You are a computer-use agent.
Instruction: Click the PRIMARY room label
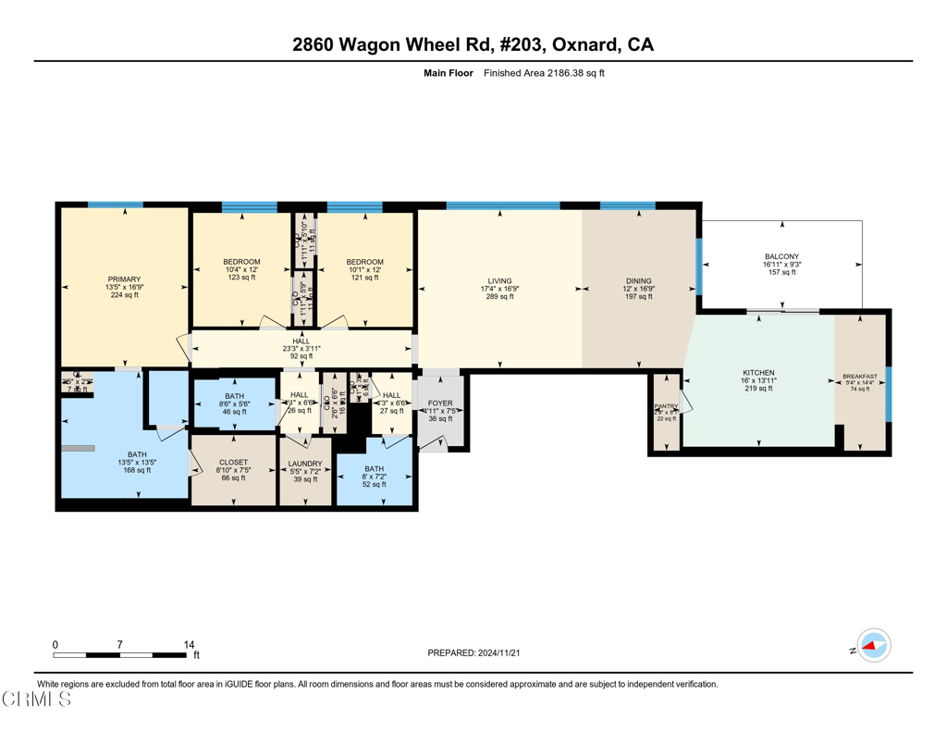coord(124,279)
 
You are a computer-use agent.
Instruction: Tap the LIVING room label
coord(500,280)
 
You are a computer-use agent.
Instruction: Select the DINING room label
coord(638,280)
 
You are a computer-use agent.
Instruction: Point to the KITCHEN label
coord(758,372)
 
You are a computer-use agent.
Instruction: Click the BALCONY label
coord(781,256)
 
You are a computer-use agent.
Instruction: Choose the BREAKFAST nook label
coord(860,377)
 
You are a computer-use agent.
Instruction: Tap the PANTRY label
coord(666,405)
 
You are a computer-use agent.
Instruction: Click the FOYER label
coord(440,403)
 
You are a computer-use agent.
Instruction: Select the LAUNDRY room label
coord(305,463)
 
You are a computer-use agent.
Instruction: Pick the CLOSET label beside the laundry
coord(233,462)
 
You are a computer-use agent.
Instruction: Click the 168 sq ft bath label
coord(137,470)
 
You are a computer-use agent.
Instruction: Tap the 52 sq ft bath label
coord(375,484)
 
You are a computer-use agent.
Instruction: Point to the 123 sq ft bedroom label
coord(241,278)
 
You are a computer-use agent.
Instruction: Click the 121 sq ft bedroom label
coord(364,278)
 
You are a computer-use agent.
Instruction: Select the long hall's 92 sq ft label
coord(301,356)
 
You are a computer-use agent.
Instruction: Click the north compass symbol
coord(872,646)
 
